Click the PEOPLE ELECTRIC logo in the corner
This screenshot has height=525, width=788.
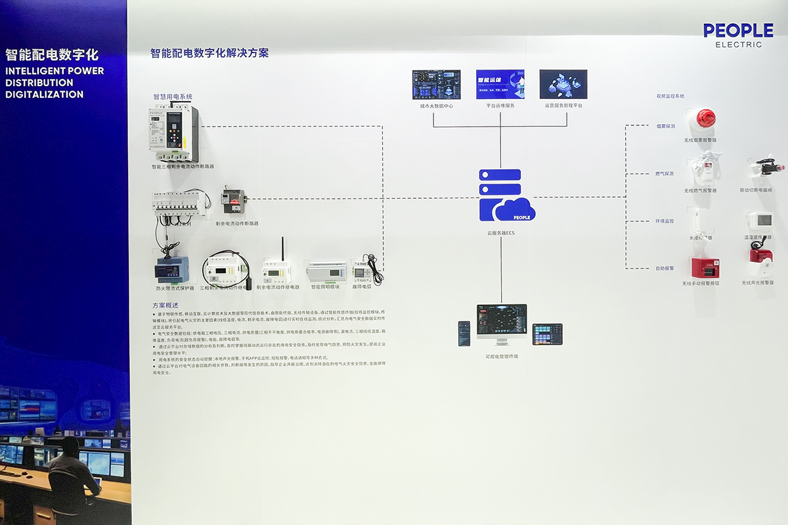point(738,35)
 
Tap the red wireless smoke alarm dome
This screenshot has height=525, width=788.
point(705,119)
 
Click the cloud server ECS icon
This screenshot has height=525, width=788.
point(506,196)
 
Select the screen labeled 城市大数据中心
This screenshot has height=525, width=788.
point(436,85)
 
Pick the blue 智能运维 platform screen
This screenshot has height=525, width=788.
point(500,85)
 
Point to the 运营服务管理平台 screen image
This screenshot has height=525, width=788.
point(563,85)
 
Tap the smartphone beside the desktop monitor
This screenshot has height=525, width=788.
point(464,333)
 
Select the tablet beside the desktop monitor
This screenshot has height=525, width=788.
point(547,334)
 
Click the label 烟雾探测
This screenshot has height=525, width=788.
point(665,125)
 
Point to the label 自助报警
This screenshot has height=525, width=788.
point(665,268)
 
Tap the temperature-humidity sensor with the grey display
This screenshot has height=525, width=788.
point(760,220)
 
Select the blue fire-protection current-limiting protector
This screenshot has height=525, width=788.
point(171,270)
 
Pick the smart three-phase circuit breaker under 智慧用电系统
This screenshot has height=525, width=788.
point(173,134)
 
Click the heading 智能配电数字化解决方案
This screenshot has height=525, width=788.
point(209,53)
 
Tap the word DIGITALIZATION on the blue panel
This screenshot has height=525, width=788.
point(44,94)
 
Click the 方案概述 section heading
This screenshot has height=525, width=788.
point(165,305)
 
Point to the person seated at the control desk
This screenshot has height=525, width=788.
point(71,476)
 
